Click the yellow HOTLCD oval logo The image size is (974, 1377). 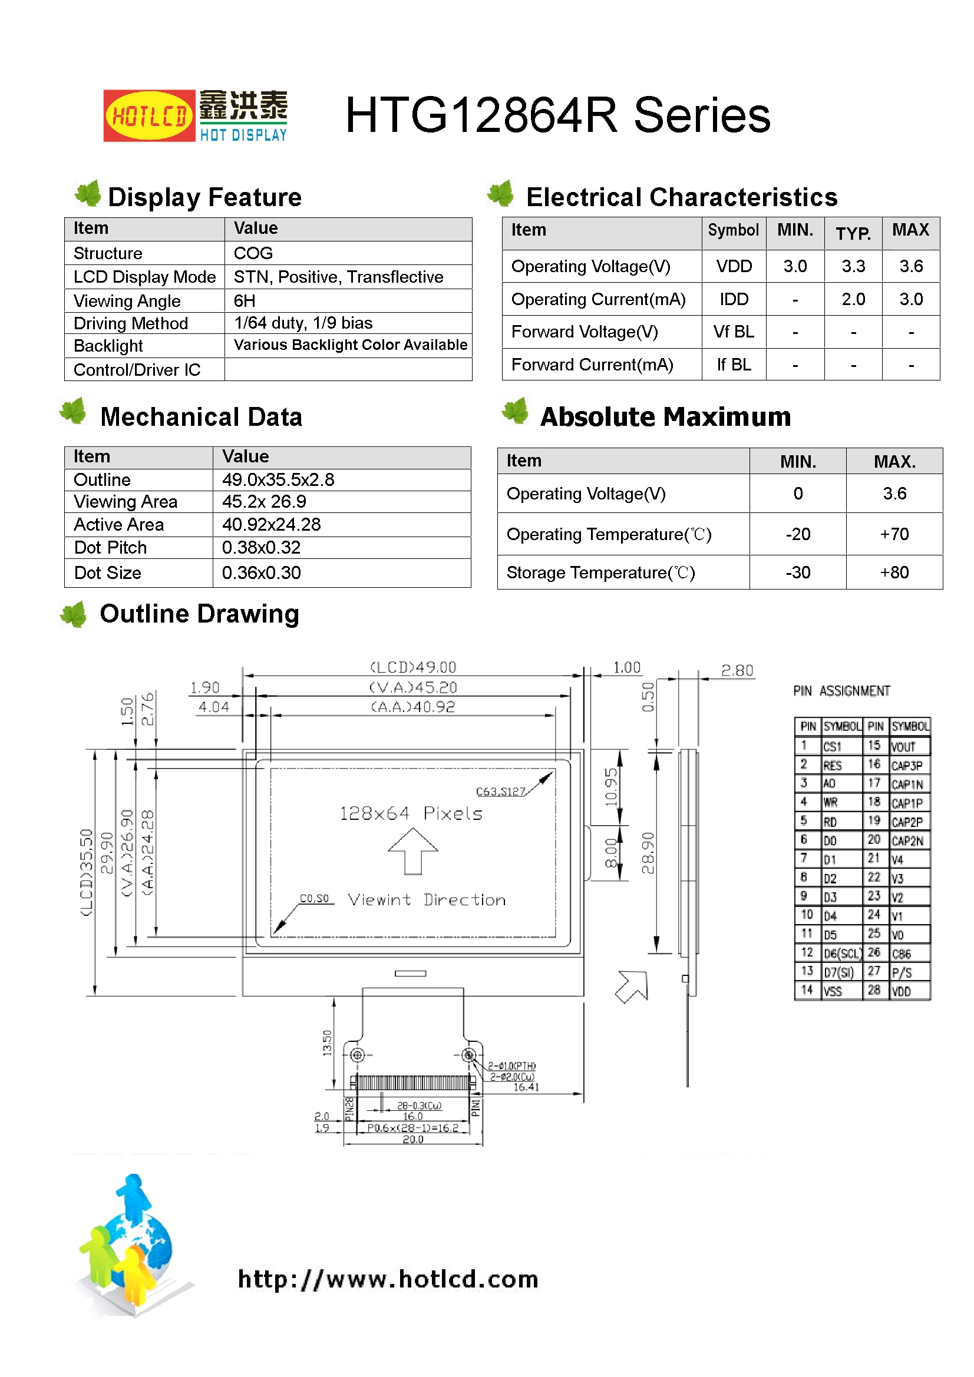click(x=149, y=115)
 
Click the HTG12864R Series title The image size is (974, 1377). click(x=557, y=115)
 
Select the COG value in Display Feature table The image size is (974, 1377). click(x=253, y=253)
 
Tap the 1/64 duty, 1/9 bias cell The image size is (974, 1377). click(x=303, y=323)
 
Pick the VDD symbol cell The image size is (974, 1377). click(x=734, y=266)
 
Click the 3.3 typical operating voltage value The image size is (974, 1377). click(x=853, y=266)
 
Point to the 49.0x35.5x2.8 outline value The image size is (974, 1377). click(x=278, y=480)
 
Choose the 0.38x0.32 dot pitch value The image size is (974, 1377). click(x=261, y=548)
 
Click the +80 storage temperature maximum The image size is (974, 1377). click(x=894, y=572)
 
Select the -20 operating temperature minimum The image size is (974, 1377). click(x=798, y=534)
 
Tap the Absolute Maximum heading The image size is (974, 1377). click(x=665, y=418)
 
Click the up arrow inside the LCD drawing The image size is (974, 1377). click(x=413, y=850)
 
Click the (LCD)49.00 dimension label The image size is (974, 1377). click(x=413, y=667)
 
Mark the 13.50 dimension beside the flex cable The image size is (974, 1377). click(x=327, y=1042)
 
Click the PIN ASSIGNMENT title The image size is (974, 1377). click(x=841, y=691)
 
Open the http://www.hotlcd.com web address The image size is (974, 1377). click(x=388, y=1279)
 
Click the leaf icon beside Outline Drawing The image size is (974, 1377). click(x=74, y=615)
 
